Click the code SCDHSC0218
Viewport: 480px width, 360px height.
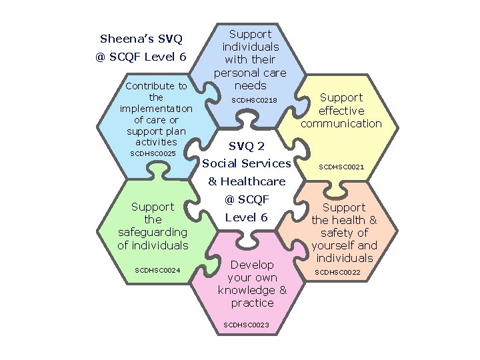click(253, 100)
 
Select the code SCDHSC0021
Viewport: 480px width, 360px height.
click(341, 167)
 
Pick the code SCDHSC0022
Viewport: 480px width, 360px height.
click(337, 272)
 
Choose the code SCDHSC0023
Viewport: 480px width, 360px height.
click(247, 325)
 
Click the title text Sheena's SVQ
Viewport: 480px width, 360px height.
click(141, 38)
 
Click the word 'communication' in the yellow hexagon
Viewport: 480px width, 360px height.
click(341, 123)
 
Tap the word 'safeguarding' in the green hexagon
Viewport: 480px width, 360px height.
click(153, 232)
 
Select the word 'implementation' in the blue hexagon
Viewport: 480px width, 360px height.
click(156, 109)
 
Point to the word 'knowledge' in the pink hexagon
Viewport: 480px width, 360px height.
click(247, 290)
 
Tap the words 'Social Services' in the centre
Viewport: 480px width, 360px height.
click(247, 163)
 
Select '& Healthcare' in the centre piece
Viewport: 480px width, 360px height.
click(247, 181)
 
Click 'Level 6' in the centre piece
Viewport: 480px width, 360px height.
click(246, 218)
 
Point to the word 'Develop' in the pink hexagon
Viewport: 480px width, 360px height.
click(252, 265)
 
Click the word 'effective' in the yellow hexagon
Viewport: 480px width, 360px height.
click(341, 111)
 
